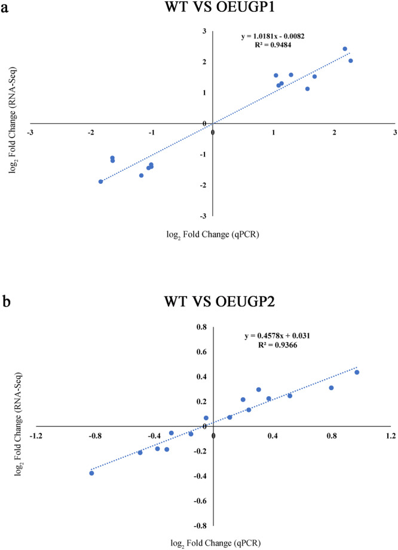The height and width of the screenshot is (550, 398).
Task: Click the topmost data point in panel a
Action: click(x=345, y=49)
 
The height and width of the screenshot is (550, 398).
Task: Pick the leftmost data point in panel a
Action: click(x=101, y=181)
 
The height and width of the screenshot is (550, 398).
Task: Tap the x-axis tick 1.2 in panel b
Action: click(x=391, y=435)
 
